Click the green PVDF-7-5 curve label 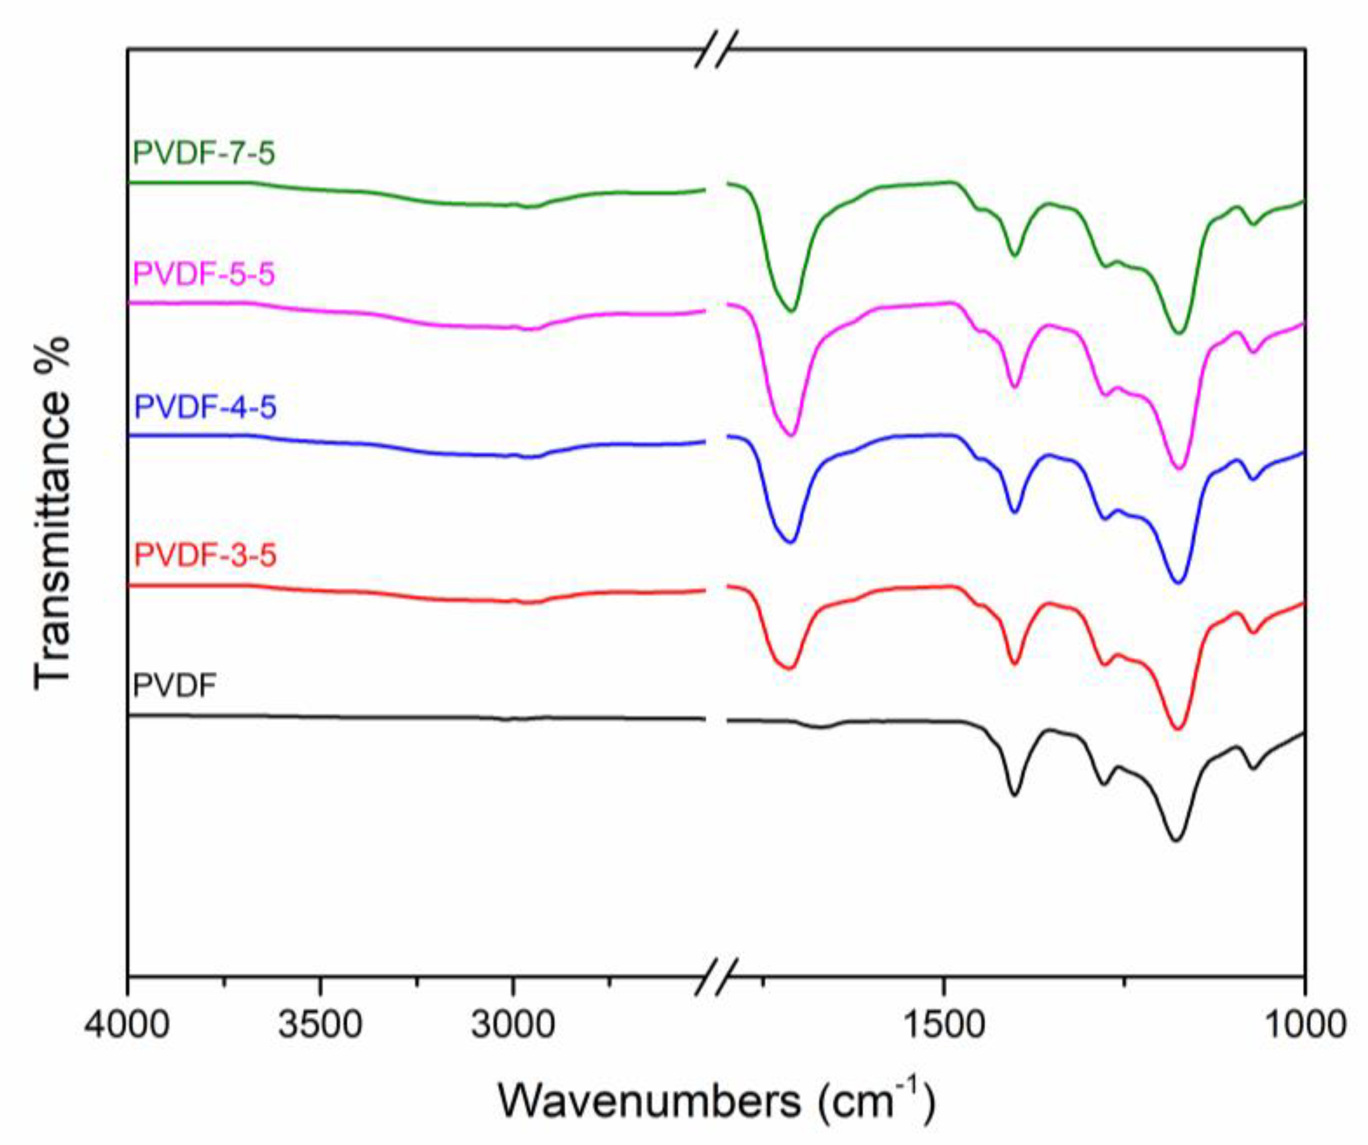(204, 154)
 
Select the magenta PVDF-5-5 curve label (204, 274)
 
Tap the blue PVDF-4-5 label (205, 407)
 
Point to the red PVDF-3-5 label (205, 556)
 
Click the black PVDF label (174, 686)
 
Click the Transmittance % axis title (52, 512)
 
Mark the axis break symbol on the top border (716, 49)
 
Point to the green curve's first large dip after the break (791, 311)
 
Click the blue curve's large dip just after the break (791, 541)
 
